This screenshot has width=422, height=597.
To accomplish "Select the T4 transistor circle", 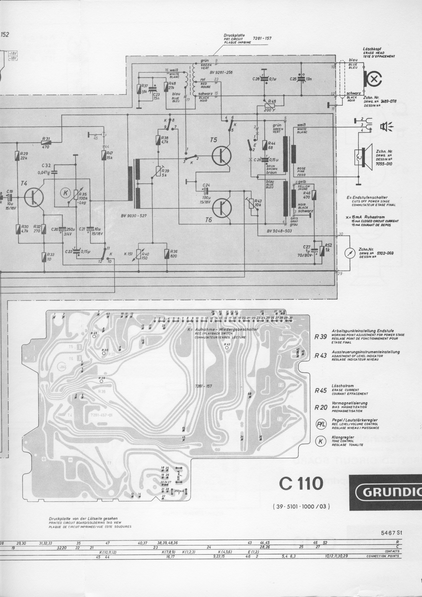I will coord(34,197).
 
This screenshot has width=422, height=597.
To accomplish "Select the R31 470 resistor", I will coord(47,142).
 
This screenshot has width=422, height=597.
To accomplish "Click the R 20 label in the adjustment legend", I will coord(320,407).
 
